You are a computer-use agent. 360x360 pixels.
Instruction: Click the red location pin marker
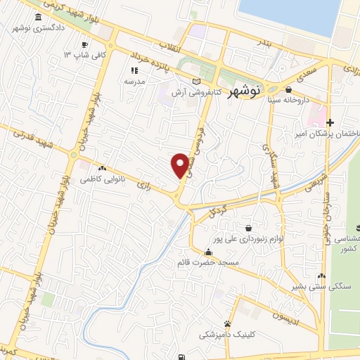(181, 165)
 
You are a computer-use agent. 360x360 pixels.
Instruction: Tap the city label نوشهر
(246, 90)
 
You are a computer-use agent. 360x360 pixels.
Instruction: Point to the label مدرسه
(134, 82)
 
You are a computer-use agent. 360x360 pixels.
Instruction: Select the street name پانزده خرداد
(148, 60)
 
